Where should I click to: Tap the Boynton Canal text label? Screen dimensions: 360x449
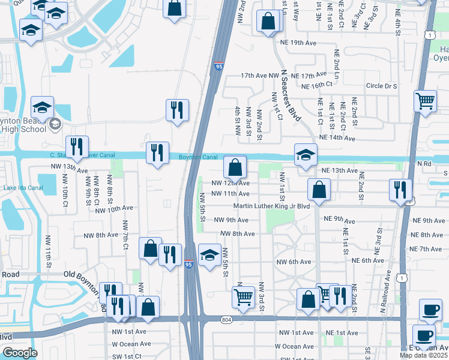(x=197, y=157)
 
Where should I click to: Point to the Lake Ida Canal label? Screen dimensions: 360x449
(x=23, y=188)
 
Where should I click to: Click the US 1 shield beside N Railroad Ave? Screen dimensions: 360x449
(x=405, y=277)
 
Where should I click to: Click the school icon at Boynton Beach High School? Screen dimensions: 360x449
(x=43, y=107)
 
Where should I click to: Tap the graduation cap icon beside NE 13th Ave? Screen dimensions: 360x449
(x=306, y=154)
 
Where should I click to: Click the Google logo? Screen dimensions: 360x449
(x=20, y=353)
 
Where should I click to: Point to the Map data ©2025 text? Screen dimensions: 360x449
(x=424, y=355)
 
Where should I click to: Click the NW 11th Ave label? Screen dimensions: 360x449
(x=231, y=194)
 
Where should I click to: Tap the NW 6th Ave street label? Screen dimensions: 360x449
(x=294, y=262)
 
